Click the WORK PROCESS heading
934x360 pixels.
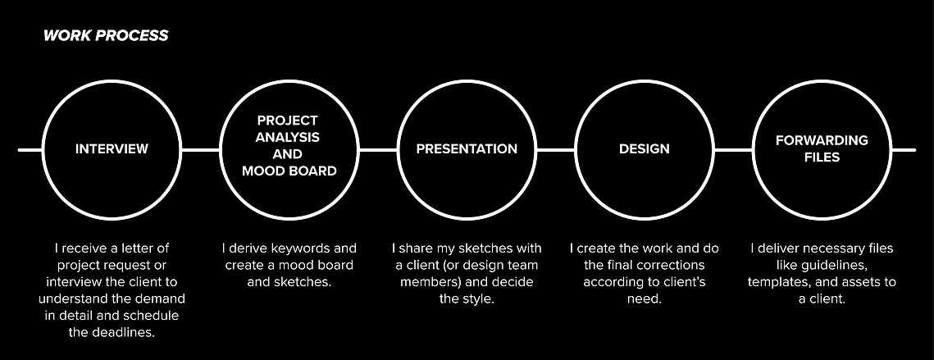point(106,36)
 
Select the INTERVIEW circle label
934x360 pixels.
point(112,149)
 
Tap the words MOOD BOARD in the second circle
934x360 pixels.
point(289,171)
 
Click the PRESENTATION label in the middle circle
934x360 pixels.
point(467,149)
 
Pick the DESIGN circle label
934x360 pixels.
point(644,149)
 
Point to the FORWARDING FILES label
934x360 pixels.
point(822,149)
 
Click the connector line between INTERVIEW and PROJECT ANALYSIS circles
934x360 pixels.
point(201,149)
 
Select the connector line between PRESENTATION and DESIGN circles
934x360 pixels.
point(556,149)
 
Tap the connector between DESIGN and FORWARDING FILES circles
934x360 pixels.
point(733,149)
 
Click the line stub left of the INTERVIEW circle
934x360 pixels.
point(30,149)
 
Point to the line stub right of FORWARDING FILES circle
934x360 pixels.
point(904,149)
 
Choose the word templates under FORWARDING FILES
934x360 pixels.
point(777,282)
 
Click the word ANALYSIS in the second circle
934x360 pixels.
point(288,137)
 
